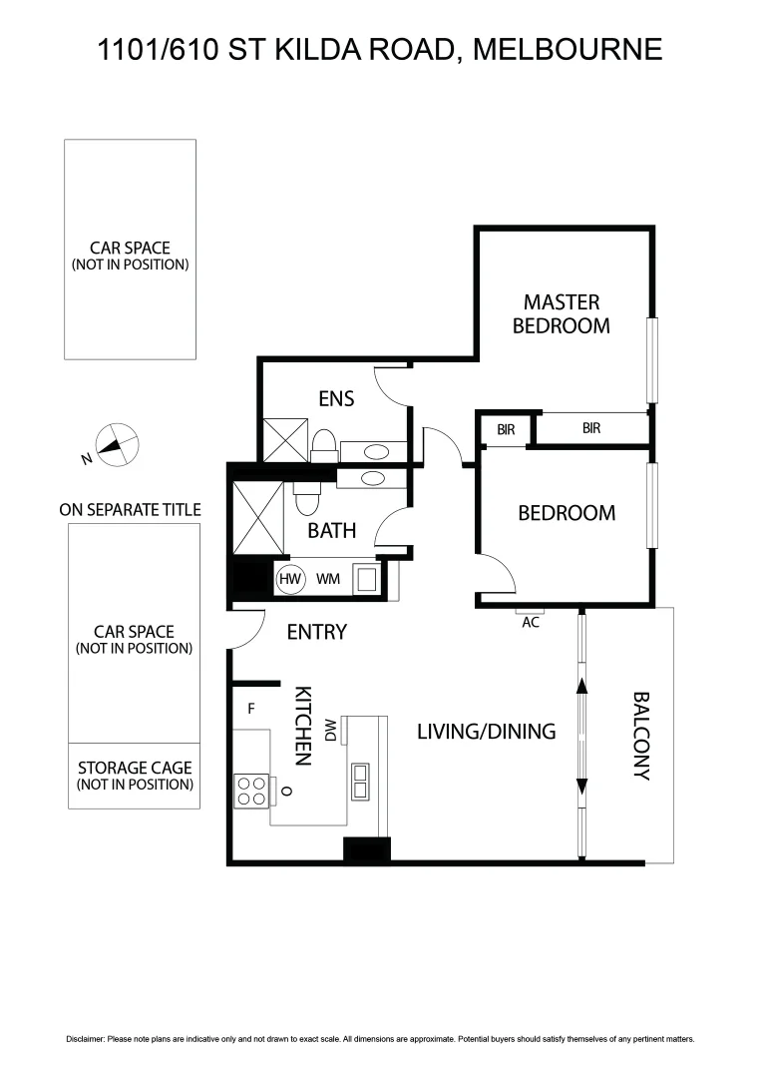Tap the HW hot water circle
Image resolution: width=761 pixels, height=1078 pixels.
[289, 579]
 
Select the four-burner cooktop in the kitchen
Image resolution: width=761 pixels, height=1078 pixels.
[250, 791]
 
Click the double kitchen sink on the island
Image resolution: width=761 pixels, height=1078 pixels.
[360, 781]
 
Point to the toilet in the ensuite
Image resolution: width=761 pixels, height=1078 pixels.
[324, 444]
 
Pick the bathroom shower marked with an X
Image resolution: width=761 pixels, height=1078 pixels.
[258, 518]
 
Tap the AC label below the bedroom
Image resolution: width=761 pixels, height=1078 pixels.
[531, 621]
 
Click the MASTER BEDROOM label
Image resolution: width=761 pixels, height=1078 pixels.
[561, 313]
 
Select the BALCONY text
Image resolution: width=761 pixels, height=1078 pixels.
[640, 736]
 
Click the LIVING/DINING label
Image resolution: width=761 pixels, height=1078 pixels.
[486, 732]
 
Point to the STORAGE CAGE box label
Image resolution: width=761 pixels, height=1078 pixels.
[135, 776]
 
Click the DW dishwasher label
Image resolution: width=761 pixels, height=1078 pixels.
[331, 730]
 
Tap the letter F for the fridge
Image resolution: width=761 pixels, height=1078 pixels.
[251, 709]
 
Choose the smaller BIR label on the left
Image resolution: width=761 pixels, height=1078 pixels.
[506, 430]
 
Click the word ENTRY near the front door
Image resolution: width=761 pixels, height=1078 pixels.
[316, 632]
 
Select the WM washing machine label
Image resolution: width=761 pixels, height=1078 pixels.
[328, 579]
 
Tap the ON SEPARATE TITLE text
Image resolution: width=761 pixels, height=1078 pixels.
[131, 510]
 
